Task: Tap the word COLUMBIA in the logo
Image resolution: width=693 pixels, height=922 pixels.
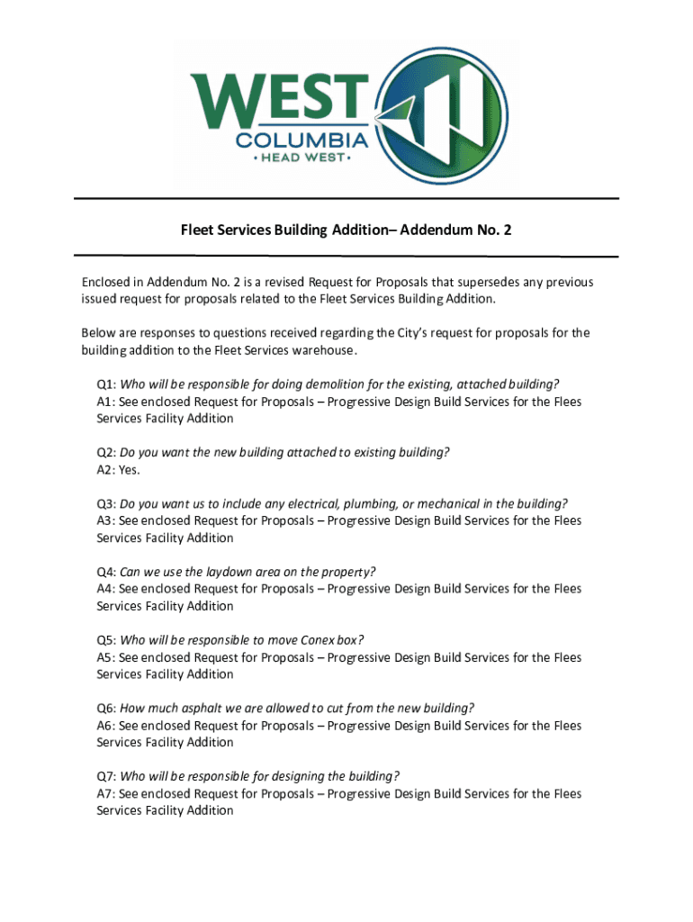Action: (301, 140)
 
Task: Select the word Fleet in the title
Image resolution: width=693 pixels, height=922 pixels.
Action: (198, 230)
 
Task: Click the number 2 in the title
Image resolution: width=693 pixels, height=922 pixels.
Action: (508, 230)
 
